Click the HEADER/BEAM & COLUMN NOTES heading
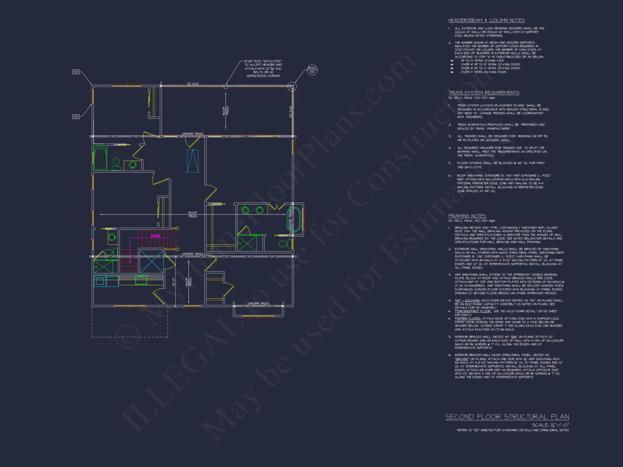pyautogui.click(x=486, y=21)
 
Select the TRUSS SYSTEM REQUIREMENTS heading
pyautogui.click(x=483, y=93)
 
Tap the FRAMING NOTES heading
pyautogui.click(x=467, y=216)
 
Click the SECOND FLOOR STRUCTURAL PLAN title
pyautogui.click(x=507, y=417)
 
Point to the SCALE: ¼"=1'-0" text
pyautogui.click(x=550, y=425)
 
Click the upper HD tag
pyautogui.click(x=76, y=72)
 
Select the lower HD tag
pyautogui.click(x=76, y=117)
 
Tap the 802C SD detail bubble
pyautogui.click(x=312, y=70)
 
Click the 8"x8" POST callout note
pyautogui.click(x=263, y=68)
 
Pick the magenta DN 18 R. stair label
pyautogui.click(x=155, y=236)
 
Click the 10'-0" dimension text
pyautogui.click(x=174, y=282)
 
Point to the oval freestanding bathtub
pyautogui.click(x=293, y=220)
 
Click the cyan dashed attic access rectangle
pyautogui.click(x=193, y=161)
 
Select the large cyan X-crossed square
pyautogui.click(x=151, y=262)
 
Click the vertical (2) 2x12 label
pyautogui.click(x=290, y=111)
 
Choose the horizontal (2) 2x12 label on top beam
pyautogui.click(x=193, y=83)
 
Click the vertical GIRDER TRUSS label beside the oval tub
pyautogui.click(x=290, y=220)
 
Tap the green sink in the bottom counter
pyautogui.click(x=141, y=280)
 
